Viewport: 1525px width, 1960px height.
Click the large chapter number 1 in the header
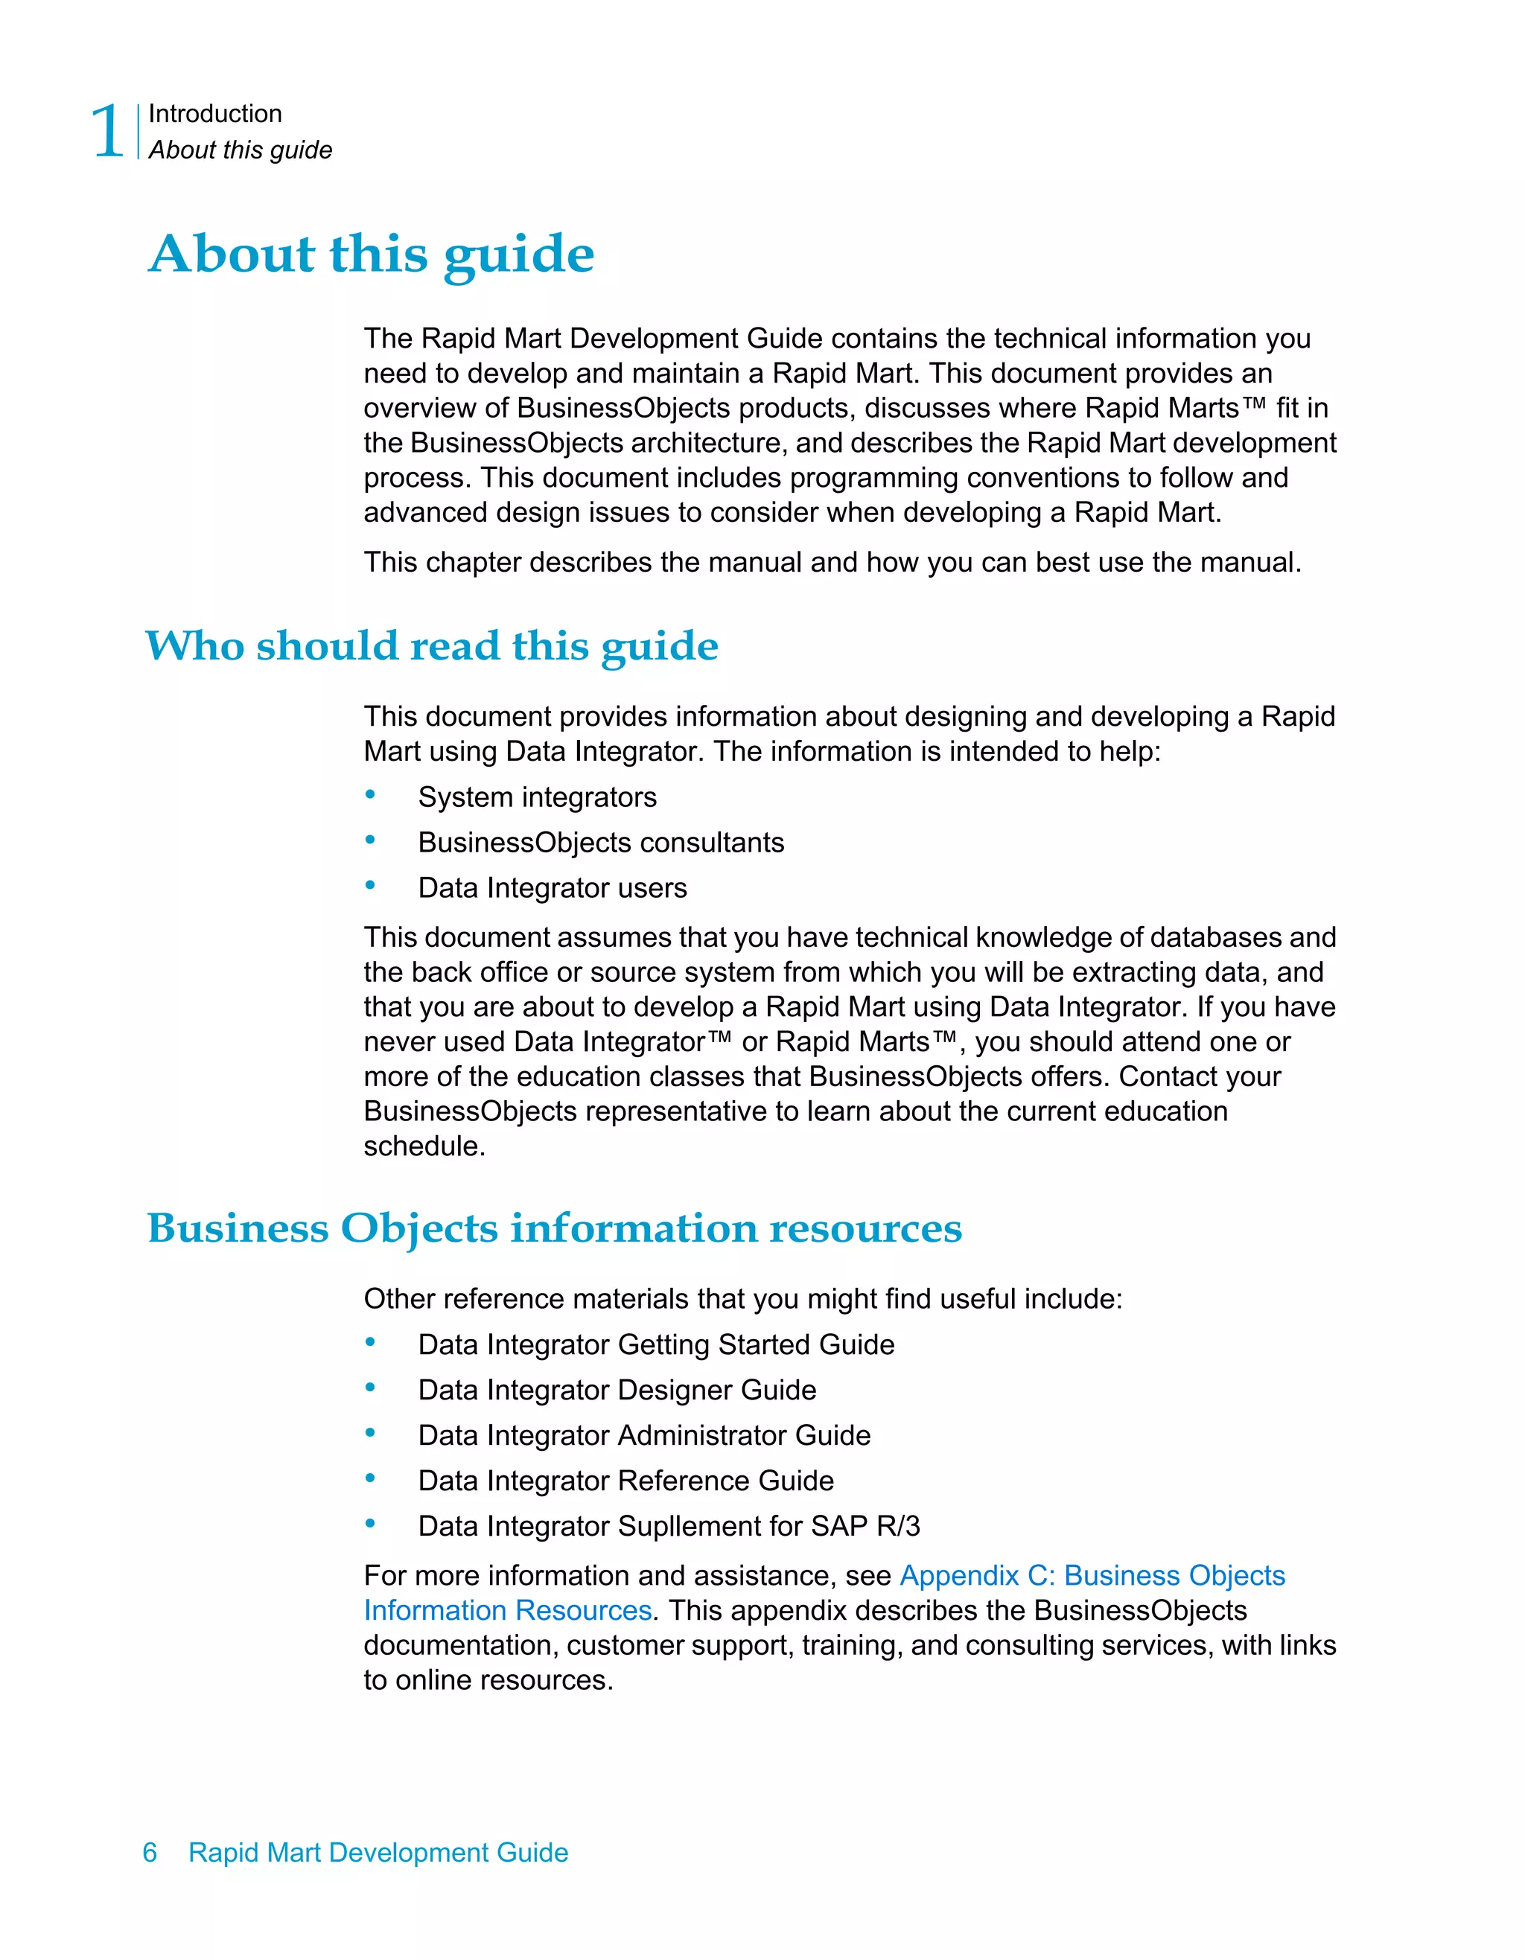(109, 132)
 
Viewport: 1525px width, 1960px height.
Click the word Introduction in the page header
(214, 114)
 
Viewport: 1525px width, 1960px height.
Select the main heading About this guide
(371, 254)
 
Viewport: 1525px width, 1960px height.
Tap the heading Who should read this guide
(432, 646)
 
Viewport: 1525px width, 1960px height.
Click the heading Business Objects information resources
(554, 1228)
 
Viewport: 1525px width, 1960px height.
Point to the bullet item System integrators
(537, 798)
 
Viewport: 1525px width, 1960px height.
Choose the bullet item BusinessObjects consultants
(600, 843)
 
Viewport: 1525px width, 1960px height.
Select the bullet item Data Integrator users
(552, 889)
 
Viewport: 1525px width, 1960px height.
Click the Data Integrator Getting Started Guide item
(655, 1345)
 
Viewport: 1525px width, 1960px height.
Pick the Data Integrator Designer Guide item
(617, 1390)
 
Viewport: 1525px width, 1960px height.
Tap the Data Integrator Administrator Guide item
(643, 1436)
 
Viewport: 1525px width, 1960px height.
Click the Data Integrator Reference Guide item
(625, 1481)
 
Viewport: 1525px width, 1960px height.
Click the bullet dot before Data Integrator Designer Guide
(370, 1388)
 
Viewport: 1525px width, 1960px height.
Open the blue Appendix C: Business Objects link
(1092, 1576)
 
